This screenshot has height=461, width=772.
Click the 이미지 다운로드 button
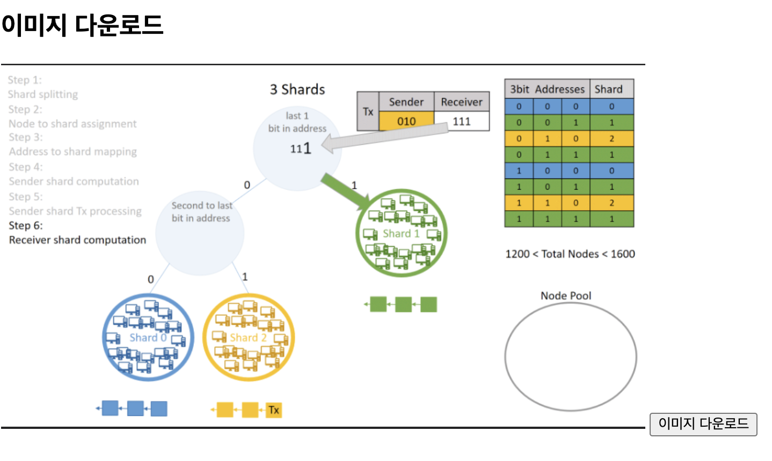click(x=703, y=424)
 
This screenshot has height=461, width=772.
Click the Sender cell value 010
click(x=406, y=121)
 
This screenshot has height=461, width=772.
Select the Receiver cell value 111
click(x=462, y=121)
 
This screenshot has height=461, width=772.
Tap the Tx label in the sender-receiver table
click(x=368, y=111)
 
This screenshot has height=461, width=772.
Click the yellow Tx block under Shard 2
click(x=274, y=410)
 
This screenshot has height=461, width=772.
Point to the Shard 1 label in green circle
click(x=401, y=233)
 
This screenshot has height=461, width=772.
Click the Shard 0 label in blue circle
click(x=148, y=338)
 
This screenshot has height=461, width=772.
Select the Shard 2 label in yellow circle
click(x=248, y=338)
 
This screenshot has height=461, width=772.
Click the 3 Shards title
click(x=297, y=90)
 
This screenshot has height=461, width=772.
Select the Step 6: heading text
click(x=26, y=226)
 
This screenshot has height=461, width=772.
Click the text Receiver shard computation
click(x=77, y=240)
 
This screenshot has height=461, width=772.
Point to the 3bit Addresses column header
click(x=547, y=89)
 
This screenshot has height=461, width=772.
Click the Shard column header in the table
click(x=608, y=89)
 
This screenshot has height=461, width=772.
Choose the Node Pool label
click(x=566, y=295)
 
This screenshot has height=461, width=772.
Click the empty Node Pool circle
click(x=570, y=356)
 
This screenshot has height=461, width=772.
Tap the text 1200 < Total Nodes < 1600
click(x=570, y=254)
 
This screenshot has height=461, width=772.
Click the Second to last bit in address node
click(x=200, y=233)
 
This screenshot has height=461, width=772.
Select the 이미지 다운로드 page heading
click(x=82, y=25)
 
